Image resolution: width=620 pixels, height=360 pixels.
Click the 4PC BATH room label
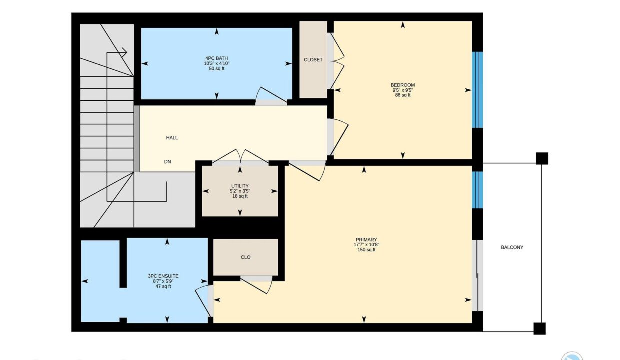tap(216, 58)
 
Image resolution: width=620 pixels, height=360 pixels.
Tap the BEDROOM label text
tap(402, 85)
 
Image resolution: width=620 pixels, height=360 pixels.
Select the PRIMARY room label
tap(366, 240)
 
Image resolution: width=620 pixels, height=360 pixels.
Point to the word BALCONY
tap(512, 247)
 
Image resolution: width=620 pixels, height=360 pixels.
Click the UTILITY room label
tap(240, 186)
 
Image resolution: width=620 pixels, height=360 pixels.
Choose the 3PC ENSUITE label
tap(163, 276)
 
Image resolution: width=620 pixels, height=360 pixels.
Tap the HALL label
tap(172, 138)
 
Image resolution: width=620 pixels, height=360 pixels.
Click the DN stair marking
tap(167, 162)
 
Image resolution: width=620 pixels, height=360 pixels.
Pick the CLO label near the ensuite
tap(246, 257)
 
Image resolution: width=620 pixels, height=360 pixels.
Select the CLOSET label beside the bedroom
tap(313, 60)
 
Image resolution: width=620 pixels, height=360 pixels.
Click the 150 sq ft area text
tap(366, 250)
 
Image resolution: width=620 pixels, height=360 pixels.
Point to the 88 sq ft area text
tap(402, 95)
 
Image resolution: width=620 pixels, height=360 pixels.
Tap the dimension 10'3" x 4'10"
tap(216, 63)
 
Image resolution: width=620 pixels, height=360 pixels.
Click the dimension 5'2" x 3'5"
tap(240, 191)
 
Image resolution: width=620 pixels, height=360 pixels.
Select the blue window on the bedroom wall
tap(477, 90)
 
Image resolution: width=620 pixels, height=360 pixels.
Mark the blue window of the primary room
tap(477, 190)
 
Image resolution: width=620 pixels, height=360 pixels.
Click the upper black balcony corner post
tap(542, 158)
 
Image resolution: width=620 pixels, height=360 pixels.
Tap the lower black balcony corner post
tap(539, 328)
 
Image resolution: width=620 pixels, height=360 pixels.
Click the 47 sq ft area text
tap(163, 286)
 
